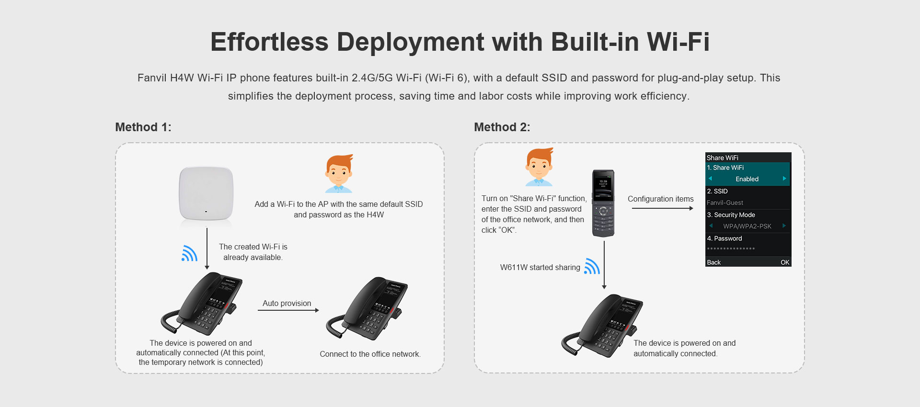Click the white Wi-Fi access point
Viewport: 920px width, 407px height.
206,193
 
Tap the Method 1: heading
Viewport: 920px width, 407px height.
143,127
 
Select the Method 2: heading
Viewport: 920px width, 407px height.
502,127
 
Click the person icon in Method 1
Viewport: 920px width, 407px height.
339,174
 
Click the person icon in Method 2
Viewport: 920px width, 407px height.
539,167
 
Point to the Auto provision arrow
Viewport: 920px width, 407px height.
288,311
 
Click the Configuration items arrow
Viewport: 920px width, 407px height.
662,208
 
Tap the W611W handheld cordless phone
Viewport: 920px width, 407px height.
603,203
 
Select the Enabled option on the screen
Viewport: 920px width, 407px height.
747,179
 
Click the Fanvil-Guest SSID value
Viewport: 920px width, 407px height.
725,203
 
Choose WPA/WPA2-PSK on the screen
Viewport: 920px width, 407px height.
747,226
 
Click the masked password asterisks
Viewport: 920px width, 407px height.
731,249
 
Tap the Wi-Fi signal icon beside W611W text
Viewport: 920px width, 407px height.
592,266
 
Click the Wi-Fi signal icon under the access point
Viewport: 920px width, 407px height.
189,253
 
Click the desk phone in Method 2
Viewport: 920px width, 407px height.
602,326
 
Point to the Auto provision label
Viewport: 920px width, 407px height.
287,303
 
